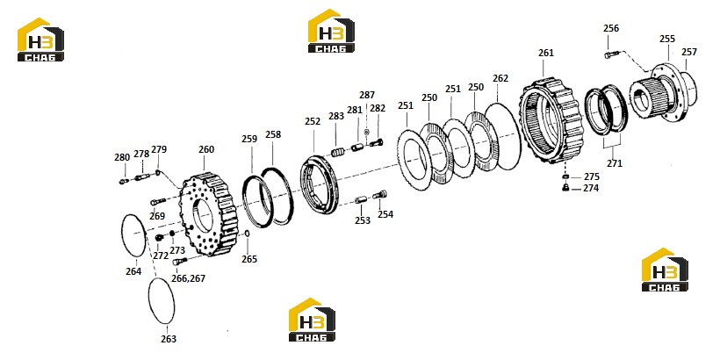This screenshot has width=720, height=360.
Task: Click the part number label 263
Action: point(169,339)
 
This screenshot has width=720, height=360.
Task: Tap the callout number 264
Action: point(133,271)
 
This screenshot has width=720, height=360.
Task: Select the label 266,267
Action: point(188,278)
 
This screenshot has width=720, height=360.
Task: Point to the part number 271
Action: point(615,163)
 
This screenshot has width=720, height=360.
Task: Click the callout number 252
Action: point(313,121)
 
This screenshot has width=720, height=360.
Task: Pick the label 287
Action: point(367,95)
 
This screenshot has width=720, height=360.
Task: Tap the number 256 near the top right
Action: point(611,28)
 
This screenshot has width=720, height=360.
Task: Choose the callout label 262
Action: point(500,78)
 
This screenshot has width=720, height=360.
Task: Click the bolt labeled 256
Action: point(612,55)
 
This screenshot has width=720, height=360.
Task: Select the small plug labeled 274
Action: point(565,187)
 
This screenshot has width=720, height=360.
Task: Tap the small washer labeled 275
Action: point(565,176)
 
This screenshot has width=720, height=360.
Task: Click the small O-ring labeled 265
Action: point(247,234)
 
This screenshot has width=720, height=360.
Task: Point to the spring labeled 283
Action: point(337,152)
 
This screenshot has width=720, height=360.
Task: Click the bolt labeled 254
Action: point(379,195)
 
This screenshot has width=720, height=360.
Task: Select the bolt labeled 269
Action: point(157,201)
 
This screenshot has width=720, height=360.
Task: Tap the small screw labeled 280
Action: point(123,182)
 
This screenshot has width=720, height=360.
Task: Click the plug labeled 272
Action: point(160,237)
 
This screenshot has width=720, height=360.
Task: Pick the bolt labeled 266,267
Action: point(179,262)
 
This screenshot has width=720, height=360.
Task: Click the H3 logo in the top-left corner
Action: point(40,40)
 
